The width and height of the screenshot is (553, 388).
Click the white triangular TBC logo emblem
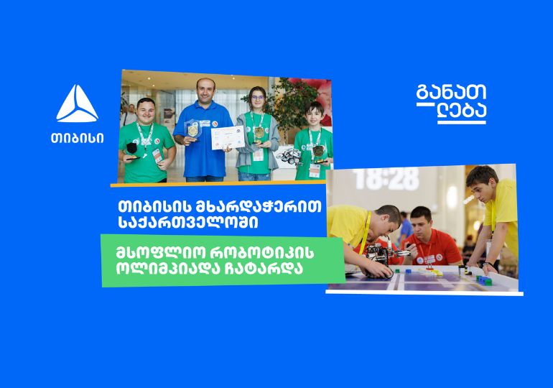click(x=78, y=103)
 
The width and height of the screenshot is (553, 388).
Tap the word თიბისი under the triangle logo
click(x=78, y=138)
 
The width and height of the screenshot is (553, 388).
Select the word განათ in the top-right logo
click(x=452, y=92)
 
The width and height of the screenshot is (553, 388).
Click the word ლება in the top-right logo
click(x=462, y=111)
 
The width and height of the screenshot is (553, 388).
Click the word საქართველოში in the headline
click(x=188, y=223)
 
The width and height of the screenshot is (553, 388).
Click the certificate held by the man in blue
click(x=228, y=137)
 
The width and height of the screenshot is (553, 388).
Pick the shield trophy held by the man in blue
click(x=192, y=129)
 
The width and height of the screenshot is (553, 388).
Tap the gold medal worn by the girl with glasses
click(x=259, y=132)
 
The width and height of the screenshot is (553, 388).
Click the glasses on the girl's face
click(x=258, y=98)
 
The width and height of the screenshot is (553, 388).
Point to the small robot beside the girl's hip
click(x=290, y=156)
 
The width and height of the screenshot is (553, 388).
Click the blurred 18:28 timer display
click(x=387, y=179)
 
